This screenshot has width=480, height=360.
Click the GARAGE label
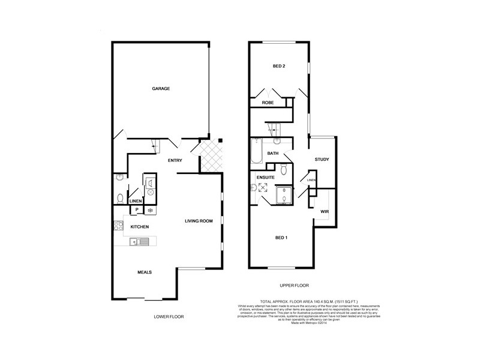tap(161, 88)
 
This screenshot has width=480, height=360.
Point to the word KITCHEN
tap(140, 226)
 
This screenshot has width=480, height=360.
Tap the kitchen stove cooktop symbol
tap(118, 226)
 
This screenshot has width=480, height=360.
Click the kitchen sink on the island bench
tap(139, 242)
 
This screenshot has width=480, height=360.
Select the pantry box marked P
tap(137, 209)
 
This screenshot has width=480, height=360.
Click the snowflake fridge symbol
tap(149, 209)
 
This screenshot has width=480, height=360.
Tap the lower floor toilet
tap(120, 197)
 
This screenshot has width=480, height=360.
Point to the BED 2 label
tap(279, 66)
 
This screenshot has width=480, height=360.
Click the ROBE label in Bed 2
tap(267, 103)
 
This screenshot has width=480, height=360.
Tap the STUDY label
tap(322, 160)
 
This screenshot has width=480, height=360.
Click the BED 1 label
tap(281, 238)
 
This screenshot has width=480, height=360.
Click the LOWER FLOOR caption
tap(169, 316)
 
